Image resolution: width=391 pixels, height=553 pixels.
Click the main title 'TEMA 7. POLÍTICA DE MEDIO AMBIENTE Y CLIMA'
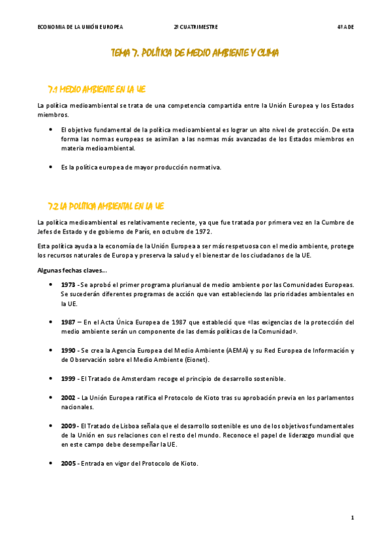pos(195,53)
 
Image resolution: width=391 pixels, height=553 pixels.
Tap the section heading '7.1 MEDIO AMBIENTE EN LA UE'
pos(101,89)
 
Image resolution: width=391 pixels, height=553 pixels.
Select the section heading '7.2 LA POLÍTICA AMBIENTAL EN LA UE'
pos(106,206)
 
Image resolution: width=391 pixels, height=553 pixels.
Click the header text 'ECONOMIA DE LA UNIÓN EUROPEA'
pos(80,27)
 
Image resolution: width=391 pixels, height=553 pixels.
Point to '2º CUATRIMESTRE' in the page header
pos(196,27)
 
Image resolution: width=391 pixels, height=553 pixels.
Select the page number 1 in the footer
pos(352,518)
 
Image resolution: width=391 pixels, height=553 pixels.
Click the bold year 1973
pos(68,285)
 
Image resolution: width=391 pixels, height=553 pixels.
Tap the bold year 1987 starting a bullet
pos(68,322)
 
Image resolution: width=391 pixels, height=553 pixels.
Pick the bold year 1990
pos(68,350)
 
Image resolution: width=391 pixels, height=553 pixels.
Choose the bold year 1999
pos(68,378)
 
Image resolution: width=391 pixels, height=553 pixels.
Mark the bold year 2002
pos(68,397)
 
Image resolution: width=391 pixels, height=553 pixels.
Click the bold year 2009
pos(68,425)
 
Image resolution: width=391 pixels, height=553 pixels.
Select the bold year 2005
pos(68,463)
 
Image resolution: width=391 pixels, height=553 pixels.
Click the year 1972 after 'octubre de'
pos(202,232)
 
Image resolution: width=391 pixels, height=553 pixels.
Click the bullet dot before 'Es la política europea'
pos(51,167)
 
